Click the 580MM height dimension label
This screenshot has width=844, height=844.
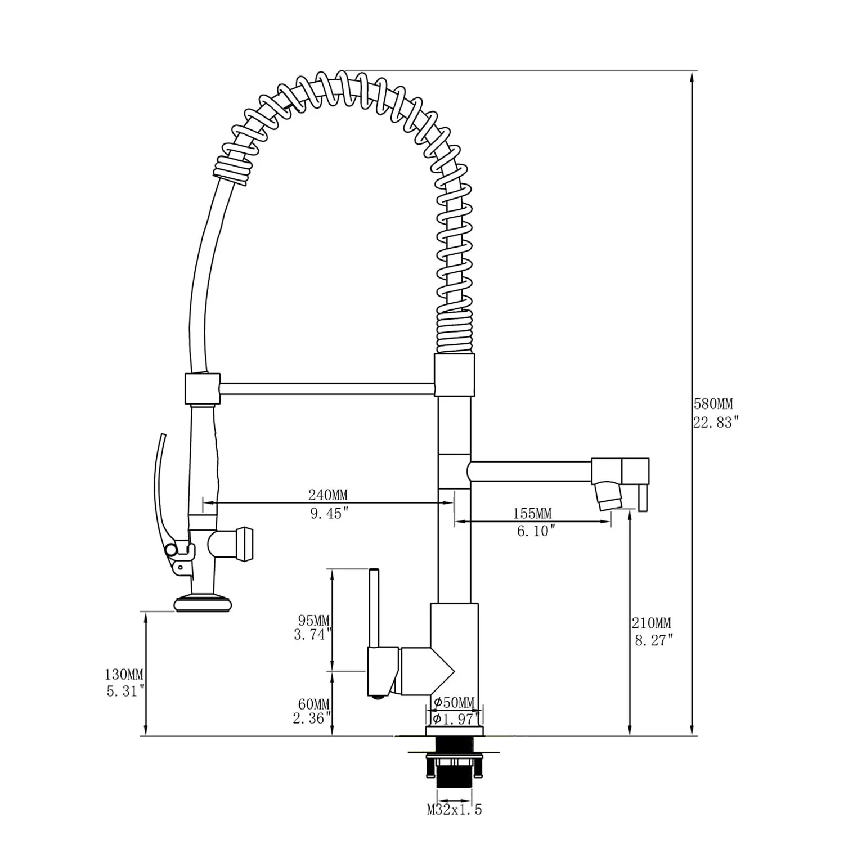coord(713,404)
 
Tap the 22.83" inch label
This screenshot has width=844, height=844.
coord(715,423)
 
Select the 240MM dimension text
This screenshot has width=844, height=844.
coord(327,495)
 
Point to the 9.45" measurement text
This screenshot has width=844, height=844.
coord(330,513)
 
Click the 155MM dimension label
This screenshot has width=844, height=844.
coord(532,513)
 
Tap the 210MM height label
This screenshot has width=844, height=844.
coord(651,623)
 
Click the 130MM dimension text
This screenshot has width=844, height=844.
coord(124,674)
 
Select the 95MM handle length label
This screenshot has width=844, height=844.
coord(313,621)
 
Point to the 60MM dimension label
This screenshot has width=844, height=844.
coord(313,704)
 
